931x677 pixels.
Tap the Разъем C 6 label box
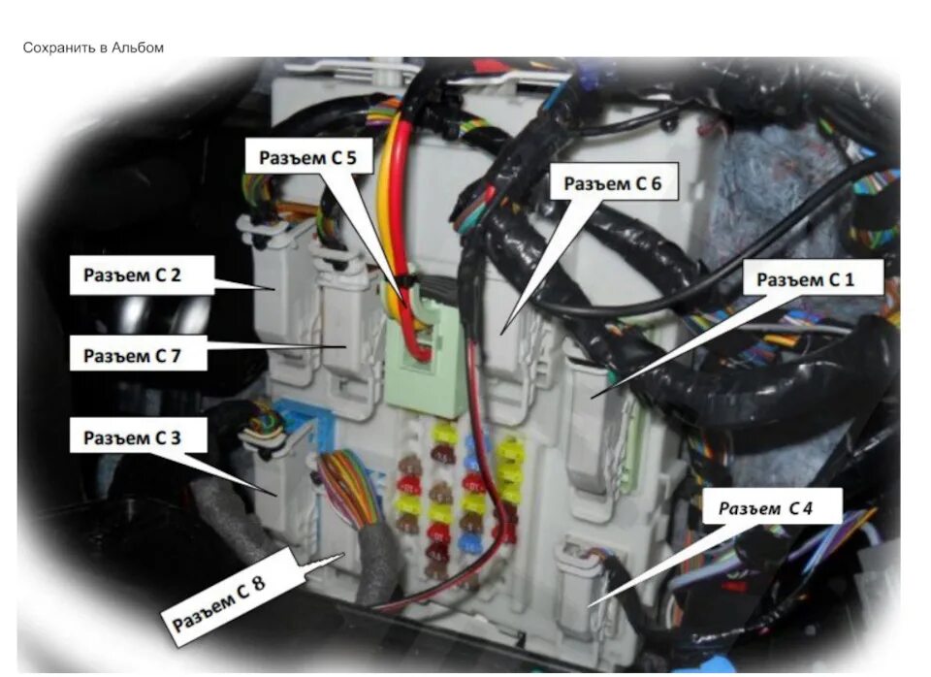pos(612,182)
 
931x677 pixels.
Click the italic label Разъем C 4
pos(772,507)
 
